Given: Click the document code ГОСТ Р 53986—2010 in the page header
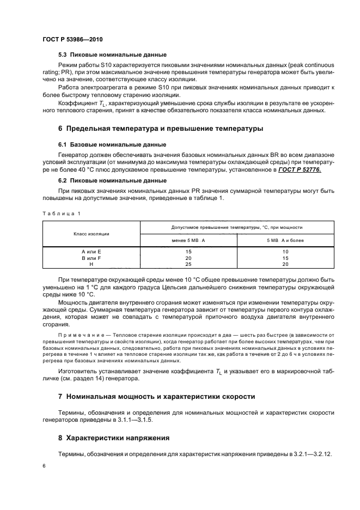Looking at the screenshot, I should (x=72, y=40).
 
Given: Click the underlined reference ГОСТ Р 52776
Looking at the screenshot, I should (x=300, y=170).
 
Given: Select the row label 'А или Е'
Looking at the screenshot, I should (x=91, y=251).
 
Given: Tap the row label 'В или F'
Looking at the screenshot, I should (x=91, y=258).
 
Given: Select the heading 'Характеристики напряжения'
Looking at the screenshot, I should (x=118, y=438).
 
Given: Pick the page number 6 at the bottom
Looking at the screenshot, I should (x=44, y=466).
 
